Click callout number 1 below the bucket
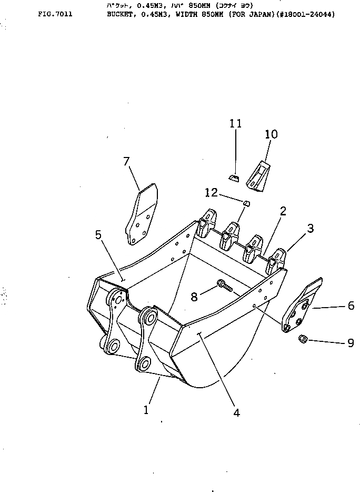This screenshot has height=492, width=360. tap(146, 409)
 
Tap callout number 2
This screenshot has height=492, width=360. tap(283, 211)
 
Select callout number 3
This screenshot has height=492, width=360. tap(311, 228)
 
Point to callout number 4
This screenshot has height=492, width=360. tap(236, 413)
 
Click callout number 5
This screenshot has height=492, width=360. tap(98, 235)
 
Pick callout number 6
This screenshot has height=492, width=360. tap(351, 306)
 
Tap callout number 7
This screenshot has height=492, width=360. tap(126, 162)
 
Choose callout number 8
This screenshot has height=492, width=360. tap(195, 297)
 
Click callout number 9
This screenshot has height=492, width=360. tap(351, 343)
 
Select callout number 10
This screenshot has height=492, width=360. tap(271, 135)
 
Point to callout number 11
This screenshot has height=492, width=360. tap(235, 124)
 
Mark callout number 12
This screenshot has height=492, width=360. tap(212, 193)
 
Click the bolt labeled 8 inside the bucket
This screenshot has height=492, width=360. tap(225, 286)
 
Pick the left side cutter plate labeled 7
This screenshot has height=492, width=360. tap(141, 214)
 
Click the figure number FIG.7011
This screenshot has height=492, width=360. tap(55, 14)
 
